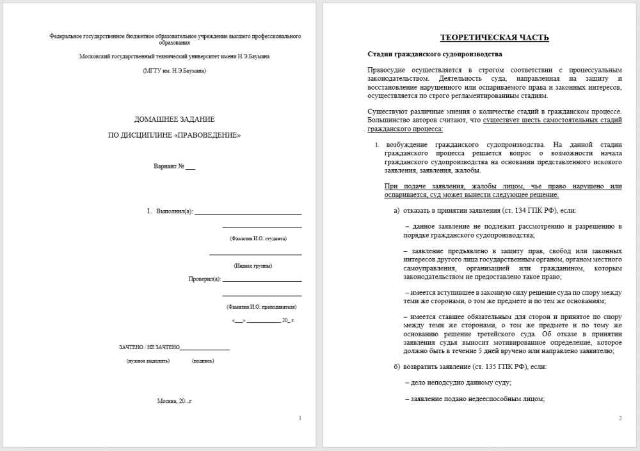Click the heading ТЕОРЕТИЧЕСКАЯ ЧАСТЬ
pyautogui.click(x=494, y=38)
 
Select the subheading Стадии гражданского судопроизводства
pyautogui.click(x=435, y=54)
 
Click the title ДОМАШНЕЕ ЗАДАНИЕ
pyautogui.click(x=174, y=119)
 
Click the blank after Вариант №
pyautogui.click(x=190, y=167)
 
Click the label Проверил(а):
pyautogui.click(x=204, y=279)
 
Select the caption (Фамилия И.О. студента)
pyautogui.click(x=258, y=238)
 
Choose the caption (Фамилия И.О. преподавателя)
pyautogui.click(x=262, y=306)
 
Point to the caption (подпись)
pyautogui.click(x=203, y=361)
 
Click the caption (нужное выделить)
pyautogui.click(x=148, y=361)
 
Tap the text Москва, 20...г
pyautogui.click(x=174, y=401)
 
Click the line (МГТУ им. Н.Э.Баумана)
pyautogui.click(x=174, y=70)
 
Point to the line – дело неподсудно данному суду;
pyautogui.click(x=458, y=383)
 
